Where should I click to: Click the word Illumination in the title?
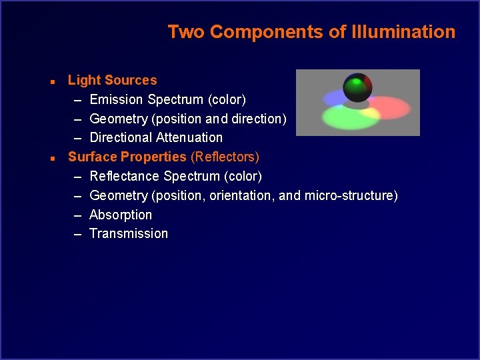click(405, 32)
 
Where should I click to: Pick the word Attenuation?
click(191, 138)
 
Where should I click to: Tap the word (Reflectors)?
click(225, 157)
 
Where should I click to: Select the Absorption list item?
click(121, 215)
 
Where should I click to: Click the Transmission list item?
click(129, 234)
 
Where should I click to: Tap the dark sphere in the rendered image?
click(357, 87)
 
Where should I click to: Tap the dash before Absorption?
click(77, 215)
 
